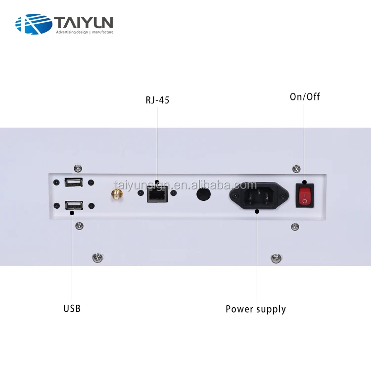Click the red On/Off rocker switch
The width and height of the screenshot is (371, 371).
click(305, 194)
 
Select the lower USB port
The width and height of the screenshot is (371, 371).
click(73, 204)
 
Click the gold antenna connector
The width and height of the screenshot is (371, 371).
click(117, 194)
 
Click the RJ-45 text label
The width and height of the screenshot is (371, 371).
click(157, 100)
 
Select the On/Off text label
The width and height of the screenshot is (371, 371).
click(305, 96)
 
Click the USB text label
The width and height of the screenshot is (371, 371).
click(72, 309)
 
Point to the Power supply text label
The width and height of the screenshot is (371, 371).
click(256, 309)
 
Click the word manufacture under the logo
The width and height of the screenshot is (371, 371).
click(102, 32)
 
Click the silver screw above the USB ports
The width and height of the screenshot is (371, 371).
click(77, 168)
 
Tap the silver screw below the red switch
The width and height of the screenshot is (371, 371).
click(295, 227)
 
